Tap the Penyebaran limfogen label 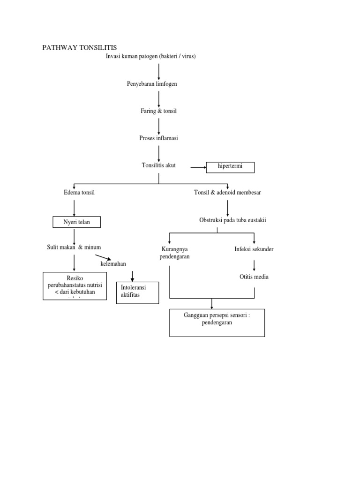[152, 84]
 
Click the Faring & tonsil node [158, 111]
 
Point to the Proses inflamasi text [158, 138]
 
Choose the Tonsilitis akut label [158, 165]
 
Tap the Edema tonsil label [79, 193]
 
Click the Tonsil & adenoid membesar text [227, 193]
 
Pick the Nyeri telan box [76, 221]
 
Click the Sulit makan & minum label [74, 247]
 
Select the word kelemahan [113, 264]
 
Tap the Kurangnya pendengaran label [174, 253]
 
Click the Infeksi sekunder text [254, 249]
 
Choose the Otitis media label [254, 277]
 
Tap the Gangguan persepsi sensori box [217, 322]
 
